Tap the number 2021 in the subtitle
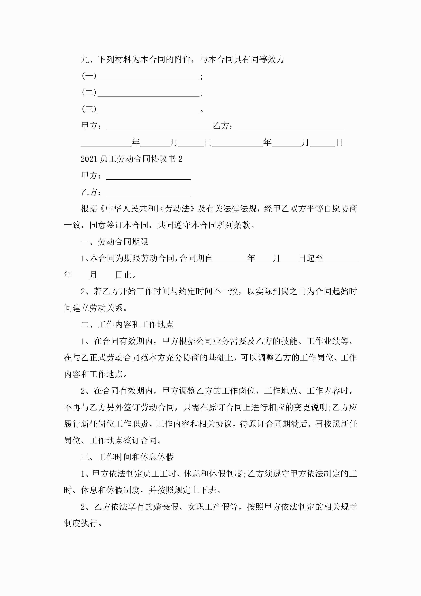click(89, 159)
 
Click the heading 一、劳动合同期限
click(114, 242)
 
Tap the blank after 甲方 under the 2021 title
click(148, 177)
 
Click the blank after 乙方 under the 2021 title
click(148, 193)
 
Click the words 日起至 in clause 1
click(311, 258)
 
